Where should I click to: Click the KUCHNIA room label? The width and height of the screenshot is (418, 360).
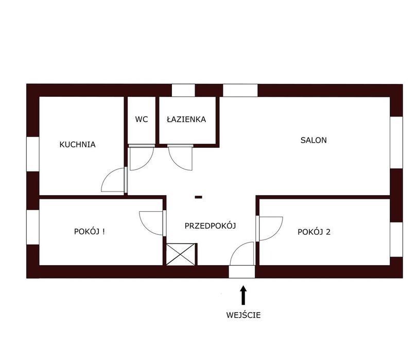pos(77,145)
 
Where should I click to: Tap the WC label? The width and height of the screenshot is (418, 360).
pos(141,119)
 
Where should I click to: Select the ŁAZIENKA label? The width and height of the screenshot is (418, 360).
pos(186,119)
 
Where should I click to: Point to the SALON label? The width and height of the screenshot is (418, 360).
pos(313,140)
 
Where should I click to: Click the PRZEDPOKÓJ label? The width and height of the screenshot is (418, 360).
pos(211,226)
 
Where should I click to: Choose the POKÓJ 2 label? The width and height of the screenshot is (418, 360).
pos(314,232)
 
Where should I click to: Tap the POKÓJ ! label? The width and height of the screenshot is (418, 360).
pos(89,231)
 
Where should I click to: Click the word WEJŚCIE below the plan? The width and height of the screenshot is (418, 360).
pos(243,315)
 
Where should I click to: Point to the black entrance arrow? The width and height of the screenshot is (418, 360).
pos(243,295)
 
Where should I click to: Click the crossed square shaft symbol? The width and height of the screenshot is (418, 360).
pos(181,254)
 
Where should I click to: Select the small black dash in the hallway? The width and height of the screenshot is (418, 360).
pos(198,197)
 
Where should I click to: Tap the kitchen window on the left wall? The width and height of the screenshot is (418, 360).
pos(33,154)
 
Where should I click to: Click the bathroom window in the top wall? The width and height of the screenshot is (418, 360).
pos(183,91)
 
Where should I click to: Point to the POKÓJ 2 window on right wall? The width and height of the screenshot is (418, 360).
pos(396,239)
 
